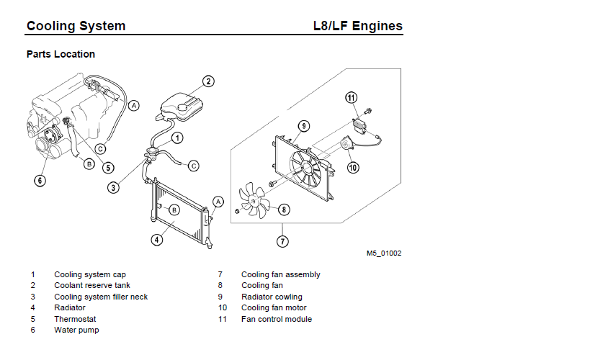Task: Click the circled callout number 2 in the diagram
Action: (207, 81)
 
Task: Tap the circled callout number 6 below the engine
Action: (40, 180)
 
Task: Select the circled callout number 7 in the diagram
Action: (282, 241)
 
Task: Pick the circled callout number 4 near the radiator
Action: (156, 240)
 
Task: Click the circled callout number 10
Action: (353, 168)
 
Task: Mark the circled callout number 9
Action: (304, 126)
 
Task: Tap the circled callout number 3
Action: (113, 188)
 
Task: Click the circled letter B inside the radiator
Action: (174, 210)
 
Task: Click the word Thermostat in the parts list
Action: (75, 319)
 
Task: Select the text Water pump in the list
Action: (76, 330)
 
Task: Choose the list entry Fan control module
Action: (277, 319)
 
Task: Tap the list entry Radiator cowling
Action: (272, 297)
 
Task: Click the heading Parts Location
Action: (61, 54)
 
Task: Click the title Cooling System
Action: (76, 27)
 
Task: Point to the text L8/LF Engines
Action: (357, 27)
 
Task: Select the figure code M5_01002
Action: (383, 253)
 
